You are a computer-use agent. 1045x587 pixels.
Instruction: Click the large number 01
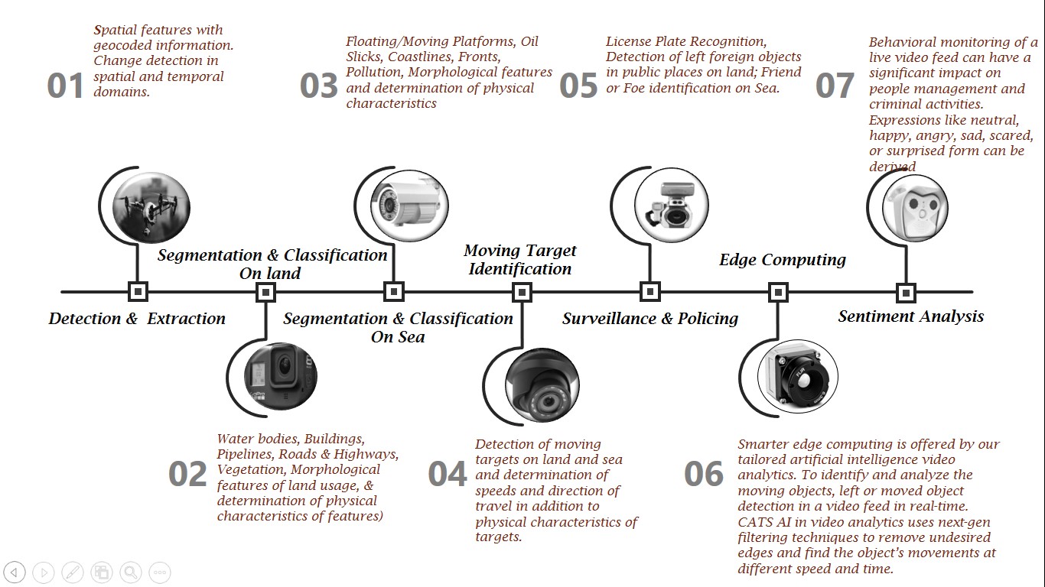[65, 86]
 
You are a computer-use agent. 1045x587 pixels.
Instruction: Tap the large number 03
[319, 86]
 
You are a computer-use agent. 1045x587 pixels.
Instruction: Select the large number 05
[578, 86]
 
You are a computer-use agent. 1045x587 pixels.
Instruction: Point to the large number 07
[835, 86]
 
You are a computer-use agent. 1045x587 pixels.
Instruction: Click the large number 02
[187, 474]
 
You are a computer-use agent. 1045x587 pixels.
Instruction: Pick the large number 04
[448, 474]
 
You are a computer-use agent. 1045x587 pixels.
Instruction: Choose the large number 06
[704, 474]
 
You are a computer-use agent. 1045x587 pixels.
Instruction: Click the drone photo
[151, 207]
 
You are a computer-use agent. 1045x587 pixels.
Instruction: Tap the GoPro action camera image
[281, 376]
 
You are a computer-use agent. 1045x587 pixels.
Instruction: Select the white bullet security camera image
[409, 206]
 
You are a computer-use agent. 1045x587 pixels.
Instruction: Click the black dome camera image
[542, 385]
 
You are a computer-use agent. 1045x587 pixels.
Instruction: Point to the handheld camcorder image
[672, 205]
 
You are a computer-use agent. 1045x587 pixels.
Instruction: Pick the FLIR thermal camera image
[798, 376]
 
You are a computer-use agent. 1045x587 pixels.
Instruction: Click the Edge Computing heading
[783, 260]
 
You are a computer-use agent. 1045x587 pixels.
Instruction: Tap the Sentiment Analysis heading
[910, 316]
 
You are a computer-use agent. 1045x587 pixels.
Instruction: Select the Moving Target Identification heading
[520, 260]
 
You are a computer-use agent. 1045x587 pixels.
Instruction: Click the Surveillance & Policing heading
[649, 319]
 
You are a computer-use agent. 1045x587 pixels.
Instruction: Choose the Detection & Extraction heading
[137, 319]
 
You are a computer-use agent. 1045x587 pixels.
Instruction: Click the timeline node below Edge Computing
[778, 292]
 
